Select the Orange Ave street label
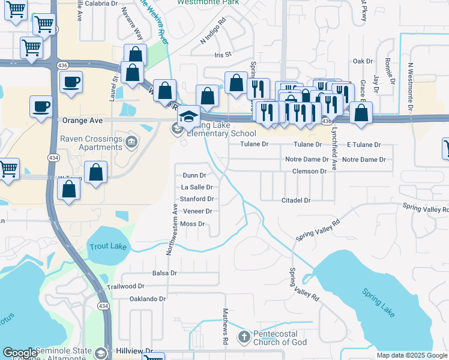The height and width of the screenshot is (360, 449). point(83,120)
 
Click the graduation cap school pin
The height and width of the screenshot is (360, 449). point(189,115)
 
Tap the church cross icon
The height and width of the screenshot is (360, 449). point(244,337)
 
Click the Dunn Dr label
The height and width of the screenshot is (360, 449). point(194,176)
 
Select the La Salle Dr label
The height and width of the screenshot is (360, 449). point(197,187)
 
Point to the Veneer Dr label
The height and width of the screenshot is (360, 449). point(197,211)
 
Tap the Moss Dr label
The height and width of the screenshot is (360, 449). point(193,224)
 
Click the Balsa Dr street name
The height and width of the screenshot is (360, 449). point(164,273)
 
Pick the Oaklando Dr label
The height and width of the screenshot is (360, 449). point(147,299)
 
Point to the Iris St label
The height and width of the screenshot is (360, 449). point(223,55)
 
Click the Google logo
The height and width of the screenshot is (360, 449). point(20,353)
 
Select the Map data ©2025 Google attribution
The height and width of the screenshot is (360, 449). point(412,355)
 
